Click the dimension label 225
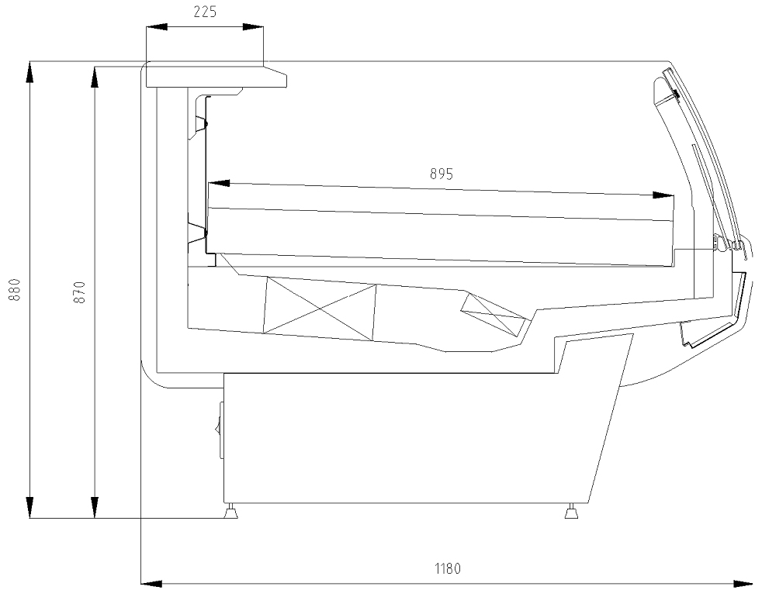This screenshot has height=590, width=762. coord(205,12)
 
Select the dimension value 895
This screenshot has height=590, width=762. coord(442,174)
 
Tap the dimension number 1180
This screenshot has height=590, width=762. coord(447,568)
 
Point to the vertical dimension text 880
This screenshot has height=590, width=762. coord(16,289)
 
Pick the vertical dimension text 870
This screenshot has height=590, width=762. coord(81,292)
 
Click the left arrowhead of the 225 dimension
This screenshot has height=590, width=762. coord(156,27)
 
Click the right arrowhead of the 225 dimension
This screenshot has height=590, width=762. coord(253,27)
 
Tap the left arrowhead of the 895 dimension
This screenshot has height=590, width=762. coord(218,183)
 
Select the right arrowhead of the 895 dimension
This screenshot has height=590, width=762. coord(663,195)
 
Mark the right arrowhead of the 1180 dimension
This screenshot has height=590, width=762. coord(744,583)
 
